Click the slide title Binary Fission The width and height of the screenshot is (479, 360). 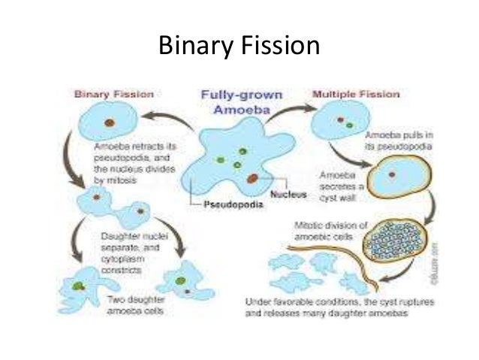point(239,46)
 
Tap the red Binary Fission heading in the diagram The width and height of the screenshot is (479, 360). point(113,95)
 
